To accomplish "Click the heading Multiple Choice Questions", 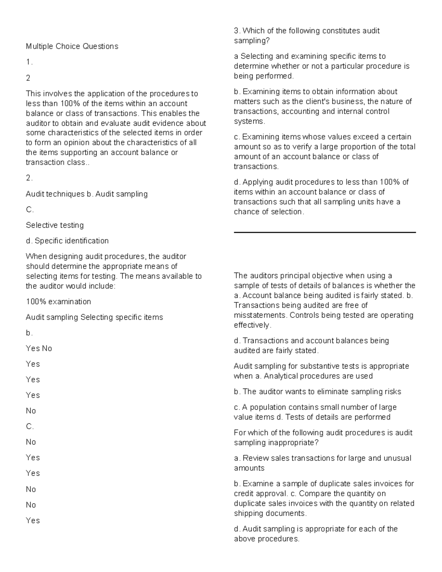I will (x=72, y=46).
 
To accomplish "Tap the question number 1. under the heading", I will (x=29, y=62).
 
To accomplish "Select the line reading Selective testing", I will (x=55, y=225).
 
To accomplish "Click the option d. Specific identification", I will (x=67, y=241).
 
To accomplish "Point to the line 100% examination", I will (x=58, y=302).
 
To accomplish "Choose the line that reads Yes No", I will (x=39, y=348).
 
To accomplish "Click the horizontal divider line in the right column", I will (x=325, y=232).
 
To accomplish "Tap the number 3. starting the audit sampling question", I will (x=237, y=31).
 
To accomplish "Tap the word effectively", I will (x=252, y=325).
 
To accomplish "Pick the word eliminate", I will (x=333, y=392).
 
